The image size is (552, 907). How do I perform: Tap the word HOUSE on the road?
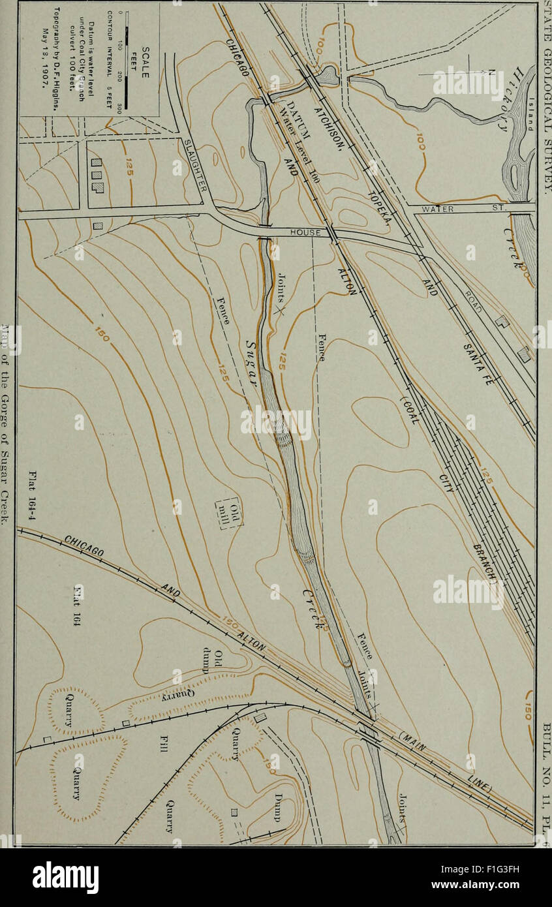coord(305,232)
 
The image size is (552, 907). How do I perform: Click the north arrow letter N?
coord(492,73)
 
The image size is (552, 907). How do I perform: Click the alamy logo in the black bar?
coord(65,878)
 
